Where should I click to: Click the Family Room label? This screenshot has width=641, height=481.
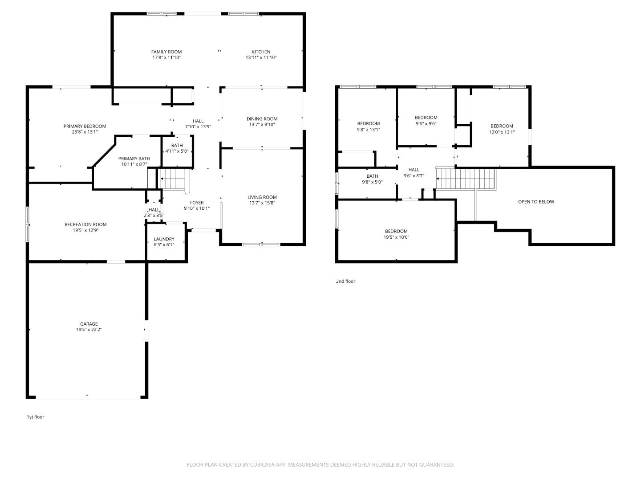pos(166,52)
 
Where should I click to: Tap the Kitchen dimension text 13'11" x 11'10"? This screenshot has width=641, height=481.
pos(261,57)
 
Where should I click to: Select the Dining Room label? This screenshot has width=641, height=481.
pos(262,118)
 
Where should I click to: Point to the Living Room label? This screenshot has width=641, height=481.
pos(262,197)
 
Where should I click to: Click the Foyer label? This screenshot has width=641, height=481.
pos(197,203)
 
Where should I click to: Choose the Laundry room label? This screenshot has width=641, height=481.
pos(164,239)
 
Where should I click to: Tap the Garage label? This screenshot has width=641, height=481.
pos(89,324)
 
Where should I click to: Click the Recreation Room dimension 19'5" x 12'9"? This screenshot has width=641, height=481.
pos(85,230)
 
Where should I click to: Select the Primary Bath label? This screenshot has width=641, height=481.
pos(134,159)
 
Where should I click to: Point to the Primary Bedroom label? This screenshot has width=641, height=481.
pos(85,126)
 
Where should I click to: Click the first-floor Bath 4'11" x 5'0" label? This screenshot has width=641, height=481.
pos(177,148)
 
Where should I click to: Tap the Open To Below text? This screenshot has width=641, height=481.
pos(536,202)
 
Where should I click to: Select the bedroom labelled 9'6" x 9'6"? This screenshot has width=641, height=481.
pos(426,121)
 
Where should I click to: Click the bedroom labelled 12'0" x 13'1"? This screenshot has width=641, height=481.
pos(502,129)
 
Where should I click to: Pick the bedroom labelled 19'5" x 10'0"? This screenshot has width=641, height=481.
pos(396,234)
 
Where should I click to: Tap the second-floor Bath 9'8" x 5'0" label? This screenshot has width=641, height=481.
pos(372,179)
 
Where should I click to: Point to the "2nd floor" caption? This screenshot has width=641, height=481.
pos(345,281)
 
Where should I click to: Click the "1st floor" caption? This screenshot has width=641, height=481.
pos(36,417)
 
